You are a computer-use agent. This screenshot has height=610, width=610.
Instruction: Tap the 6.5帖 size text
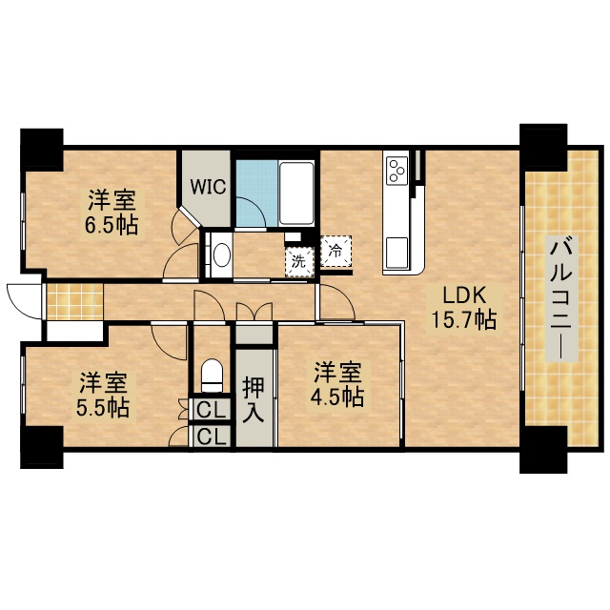pyautogui.click(x=112, y=226)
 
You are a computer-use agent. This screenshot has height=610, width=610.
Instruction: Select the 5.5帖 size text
pyautogui.click(x=104, y=408)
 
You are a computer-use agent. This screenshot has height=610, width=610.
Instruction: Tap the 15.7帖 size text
pyautogui.click(x=464, y=319)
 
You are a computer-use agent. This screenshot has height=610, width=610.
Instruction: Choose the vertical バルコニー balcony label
pyautogui.click(x=559, y=297)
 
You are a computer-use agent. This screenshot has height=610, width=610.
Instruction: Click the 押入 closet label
pyautogui.click(x=254, y=399)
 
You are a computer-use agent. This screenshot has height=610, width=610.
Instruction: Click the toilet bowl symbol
pyautogui.click(x=212, y=375)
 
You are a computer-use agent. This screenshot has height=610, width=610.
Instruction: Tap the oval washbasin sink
pyautogui.click(x=221, y=254)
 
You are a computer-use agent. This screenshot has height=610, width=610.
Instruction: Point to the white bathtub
pyautogui.click(x=297, y=193)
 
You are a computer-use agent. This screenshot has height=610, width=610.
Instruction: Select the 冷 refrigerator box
pyautogui.click(x=335, y=252)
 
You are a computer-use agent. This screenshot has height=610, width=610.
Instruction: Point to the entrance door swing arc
pyautogui.click(x=21, y=303)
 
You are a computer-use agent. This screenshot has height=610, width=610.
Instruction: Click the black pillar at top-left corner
pyautogui.click(x=41, y=146)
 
